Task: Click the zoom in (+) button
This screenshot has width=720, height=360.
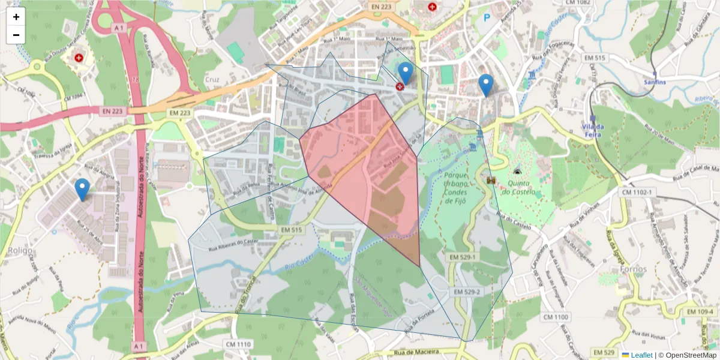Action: pyautogui.click(x=16, y=17)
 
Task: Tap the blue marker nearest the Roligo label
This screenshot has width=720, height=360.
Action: pyautogui.click(x=82, y=190)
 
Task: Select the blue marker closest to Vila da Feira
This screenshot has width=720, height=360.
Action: pyautogui.click(x=485, y=85)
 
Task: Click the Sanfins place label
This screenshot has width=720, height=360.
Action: pyautogui.click(x=655, y=82)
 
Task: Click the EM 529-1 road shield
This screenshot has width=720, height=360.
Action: pyautogui.click(x=463, y=257)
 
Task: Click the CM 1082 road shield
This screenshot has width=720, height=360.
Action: pyautogui.click(x=578, y=3)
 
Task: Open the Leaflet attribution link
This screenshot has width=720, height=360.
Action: pyautogui.click(x=641, y=355)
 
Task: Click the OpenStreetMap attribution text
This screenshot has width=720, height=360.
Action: pyautogui.click(x=687, y=355)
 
